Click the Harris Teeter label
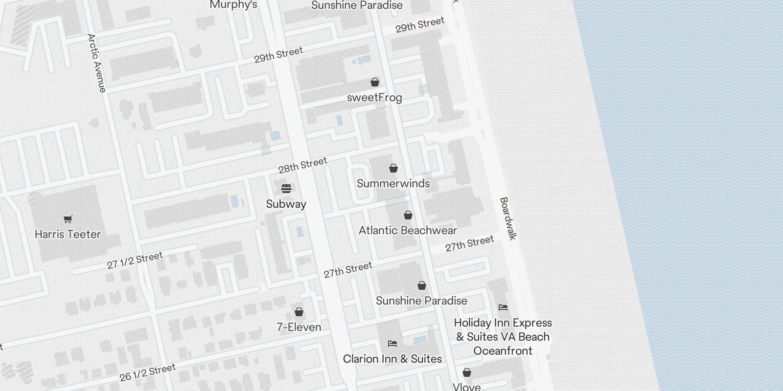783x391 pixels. click(68, 234)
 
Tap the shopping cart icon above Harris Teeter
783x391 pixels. click(68, 219)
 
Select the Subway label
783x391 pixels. click(286, 204)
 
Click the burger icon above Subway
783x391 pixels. click(286, 189)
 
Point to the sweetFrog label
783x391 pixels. click(374, 97)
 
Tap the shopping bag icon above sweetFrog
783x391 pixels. click(375, 82)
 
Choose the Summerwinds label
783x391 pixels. click(393, 183)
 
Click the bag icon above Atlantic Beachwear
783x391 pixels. click(408, 215)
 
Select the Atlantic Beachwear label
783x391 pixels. click(408, 230)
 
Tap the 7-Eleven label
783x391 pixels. click(299, 327)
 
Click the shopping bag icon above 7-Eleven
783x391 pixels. click(299, 312)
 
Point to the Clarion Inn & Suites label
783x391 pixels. click(392, 359)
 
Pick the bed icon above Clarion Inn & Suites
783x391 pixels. click(392, 343)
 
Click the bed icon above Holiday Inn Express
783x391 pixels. click(503, 307)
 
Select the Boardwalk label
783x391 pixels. click(508, 218)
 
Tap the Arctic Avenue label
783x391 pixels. click(96, 63)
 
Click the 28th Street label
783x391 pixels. click(302, 166)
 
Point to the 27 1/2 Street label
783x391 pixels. click(135, 261)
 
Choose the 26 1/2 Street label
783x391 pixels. click(147, 372)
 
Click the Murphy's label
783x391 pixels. click(233, 5)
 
